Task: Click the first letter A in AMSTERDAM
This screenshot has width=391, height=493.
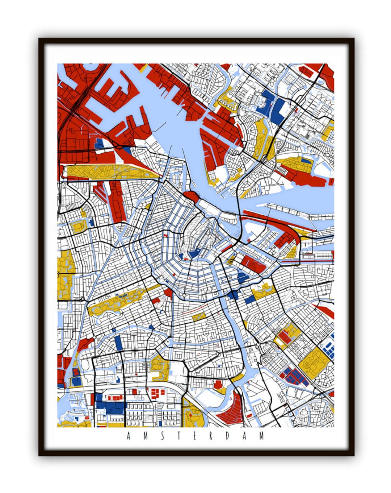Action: pos(129,436)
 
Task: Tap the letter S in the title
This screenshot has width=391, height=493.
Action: pos(162,436)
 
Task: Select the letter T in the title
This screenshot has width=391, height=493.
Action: pos(178,436)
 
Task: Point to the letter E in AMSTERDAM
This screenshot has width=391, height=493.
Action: pos(194,436)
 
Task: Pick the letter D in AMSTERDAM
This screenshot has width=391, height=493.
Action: pos(228,436)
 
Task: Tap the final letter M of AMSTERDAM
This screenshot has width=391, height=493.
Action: pos(261,436)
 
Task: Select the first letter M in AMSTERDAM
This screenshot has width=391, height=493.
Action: pos(145,436)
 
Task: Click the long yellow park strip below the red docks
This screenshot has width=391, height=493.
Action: pos(109,171)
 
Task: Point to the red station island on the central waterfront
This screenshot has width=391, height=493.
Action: pos(192,198)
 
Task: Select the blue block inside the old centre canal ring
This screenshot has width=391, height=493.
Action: pos(195,253)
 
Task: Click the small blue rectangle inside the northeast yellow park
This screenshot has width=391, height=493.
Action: pos(306,160)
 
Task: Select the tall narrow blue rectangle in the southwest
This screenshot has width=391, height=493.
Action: pos(118,343)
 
